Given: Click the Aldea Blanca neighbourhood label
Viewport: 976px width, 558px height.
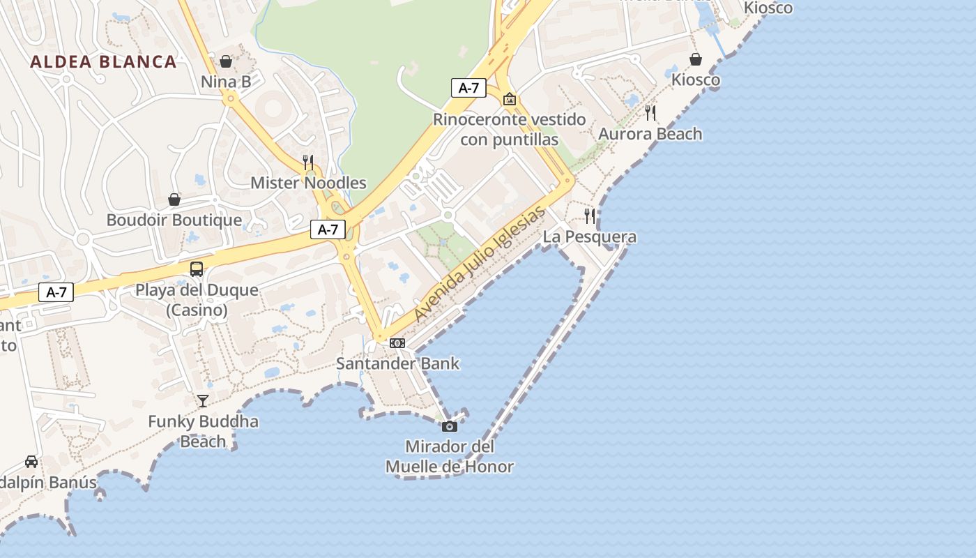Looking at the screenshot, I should point(103,61).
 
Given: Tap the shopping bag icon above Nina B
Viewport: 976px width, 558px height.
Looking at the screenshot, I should point(226,61).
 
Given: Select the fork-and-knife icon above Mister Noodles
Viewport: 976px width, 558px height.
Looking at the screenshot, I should point(308,163).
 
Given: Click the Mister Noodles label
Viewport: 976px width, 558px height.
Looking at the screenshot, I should point(308,183).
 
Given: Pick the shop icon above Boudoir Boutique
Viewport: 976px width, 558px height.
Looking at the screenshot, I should point(174,200).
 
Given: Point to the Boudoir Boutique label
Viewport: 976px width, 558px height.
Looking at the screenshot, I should point(174,220).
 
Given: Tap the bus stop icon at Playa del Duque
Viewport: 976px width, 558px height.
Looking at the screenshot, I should point(197,269).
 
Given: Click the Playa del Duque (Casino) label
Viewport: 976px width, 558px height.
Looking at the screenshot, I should point(197,300).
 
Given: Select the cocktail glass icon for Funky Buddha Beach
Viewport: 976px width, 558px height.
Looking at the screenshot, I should point(203,400).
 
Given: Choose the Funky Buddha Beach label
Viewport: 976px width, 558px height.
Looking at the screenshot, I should point(203,431).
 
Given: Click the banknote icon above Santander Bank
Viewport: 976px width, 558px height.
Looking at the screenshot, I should point(397,343).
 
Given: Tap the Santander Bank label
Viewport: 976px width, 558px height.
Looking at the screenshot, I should point(397,363).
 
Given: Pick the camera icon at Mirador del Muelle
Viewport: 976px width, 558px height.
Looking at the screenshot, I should point(450,426).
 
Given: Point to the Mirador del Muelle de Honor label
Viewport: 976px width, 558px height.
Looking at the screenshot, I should point(450,457).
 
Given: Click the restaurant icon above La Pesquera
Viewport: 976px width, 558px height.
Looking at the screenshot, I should point(590,216).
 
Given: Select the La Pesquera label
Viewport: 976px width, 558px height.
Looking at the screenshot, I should point(590,237).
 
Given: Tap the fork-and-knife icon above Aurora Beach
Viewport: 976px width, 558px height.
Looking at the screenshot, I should point(650,113).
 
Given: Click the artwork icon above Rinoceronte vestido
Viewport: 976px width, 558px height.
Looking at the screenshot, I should point(510,99).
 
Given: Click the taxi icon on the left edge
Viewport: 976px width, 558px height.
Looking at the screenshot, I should point(31,462).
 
